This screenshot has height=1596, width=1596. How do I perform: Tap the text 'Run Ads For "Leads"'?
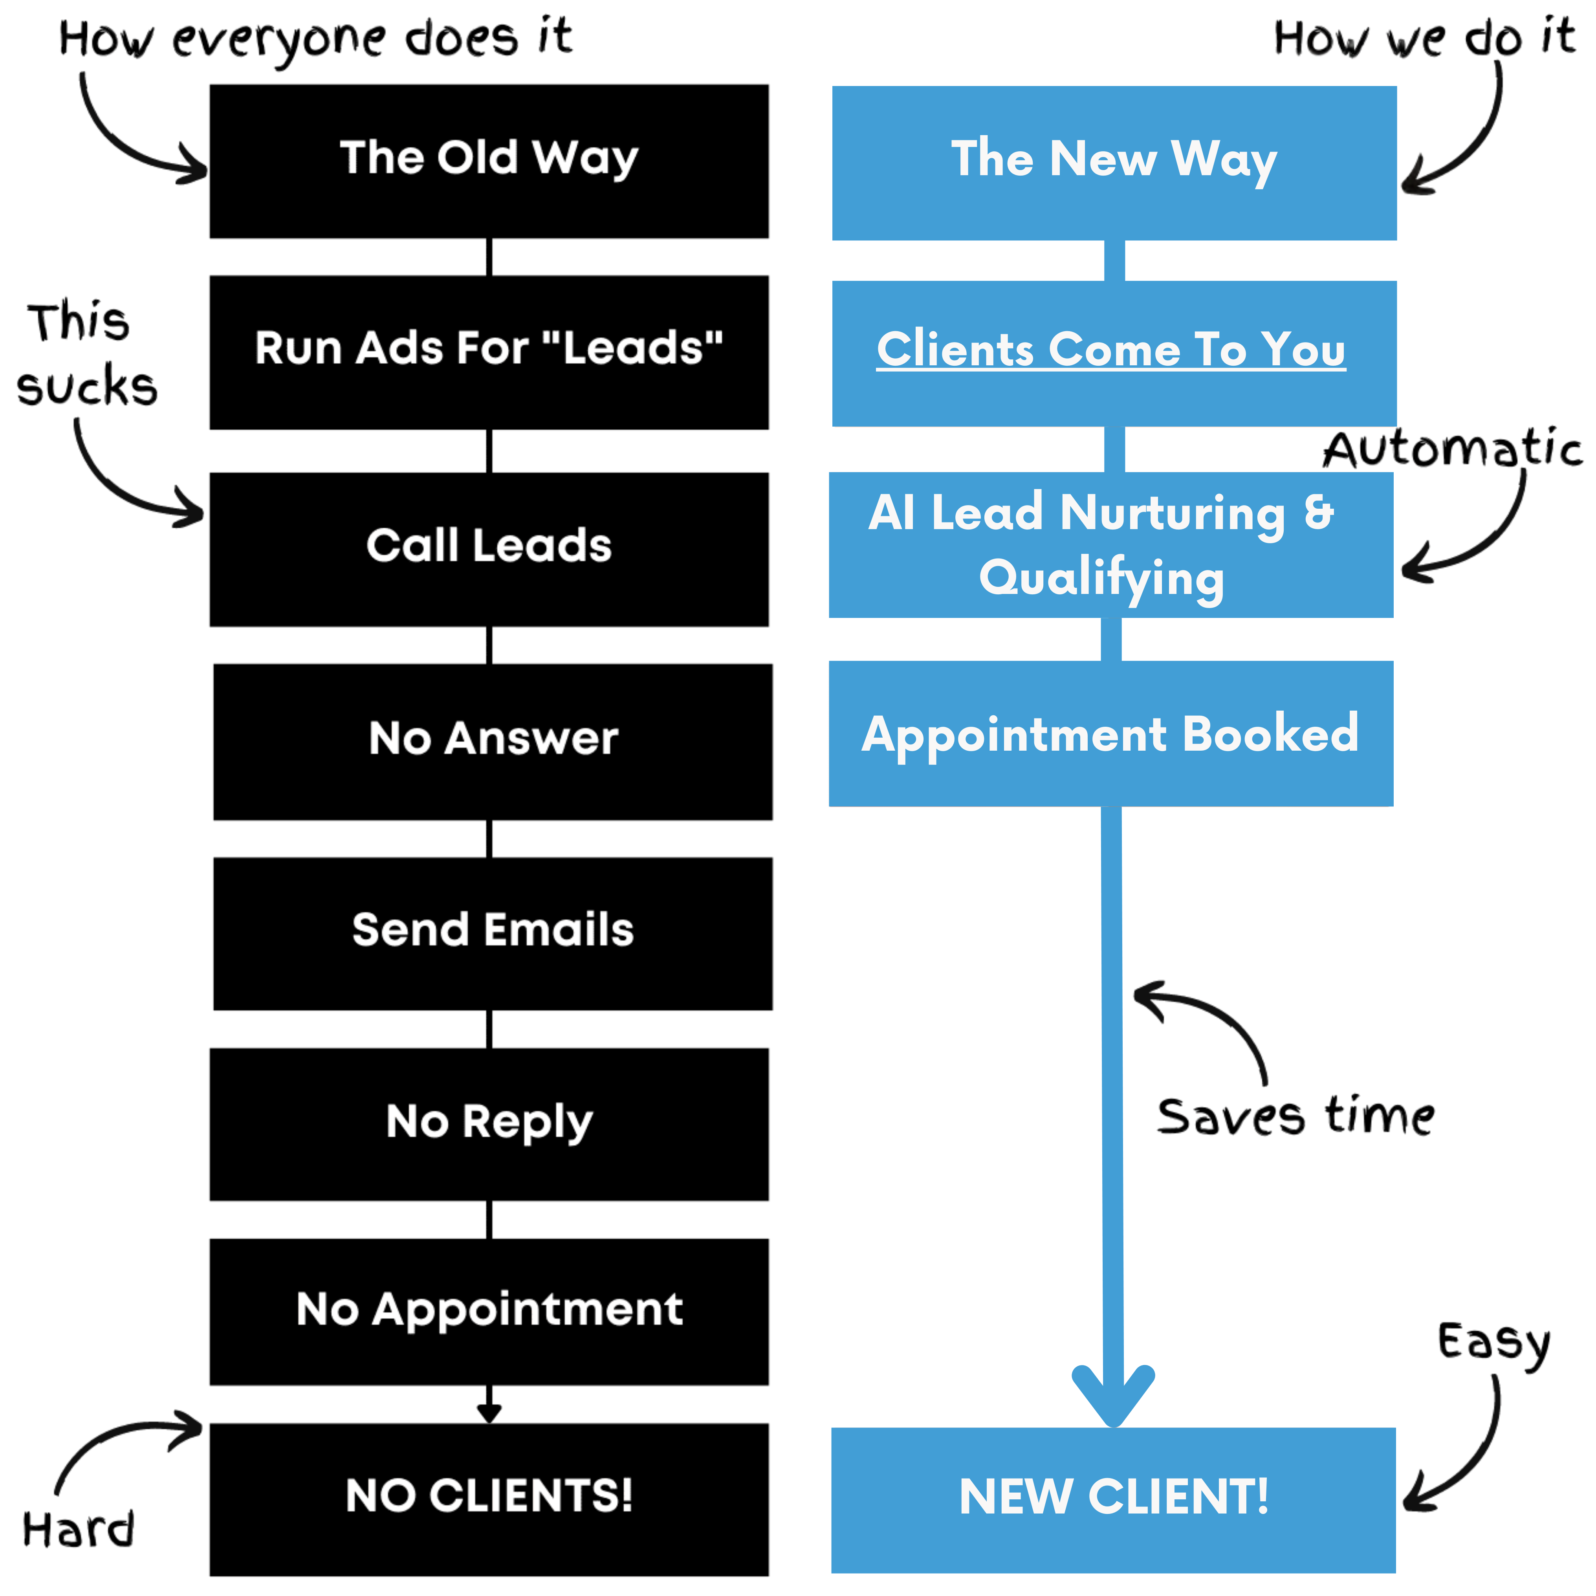[x=489, y=348]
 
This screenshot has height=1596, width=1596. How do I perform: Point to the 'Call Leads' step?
[x=489, y=545]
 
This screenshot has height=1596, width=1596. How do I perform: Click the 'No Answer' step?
[x=493, y=738]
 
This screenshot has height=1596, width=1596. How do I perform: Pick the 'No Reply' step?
[x=489, y=1122]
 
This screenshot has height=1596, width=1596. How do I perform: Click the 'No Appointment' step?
[x=489, y=1309]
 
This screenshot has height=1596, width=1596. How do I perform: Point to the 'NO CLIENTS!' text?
[x=489, y=1495]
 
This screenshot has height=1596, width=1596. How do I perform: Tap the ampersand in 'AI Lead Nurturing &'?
[x=1319, y=511]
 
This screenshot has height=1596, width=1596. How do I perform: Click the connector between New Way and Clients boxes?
[x=1114, y=260]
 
